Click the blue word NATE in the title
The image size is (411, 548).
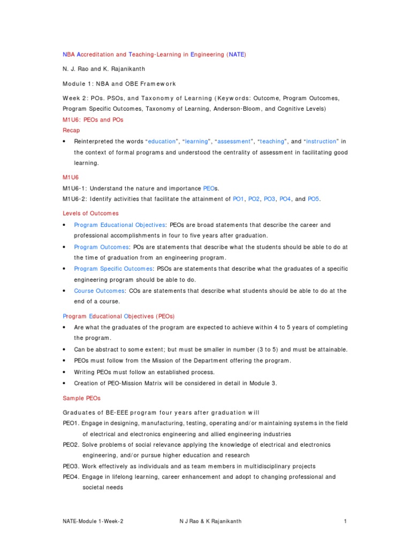click(236, 55)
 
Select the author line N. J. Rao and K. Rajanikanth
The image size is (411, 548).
click(104, 69)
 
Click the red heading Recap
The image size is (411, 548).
click(71, 131)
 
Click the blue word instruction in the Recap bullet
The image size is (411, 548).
click(321, 142)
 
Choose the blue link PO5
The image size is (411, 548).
click(313, 199)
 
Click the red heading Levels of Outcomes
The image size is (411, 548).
click(90, 214)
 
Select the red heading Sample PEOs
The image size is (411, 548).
click(81, 399)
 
